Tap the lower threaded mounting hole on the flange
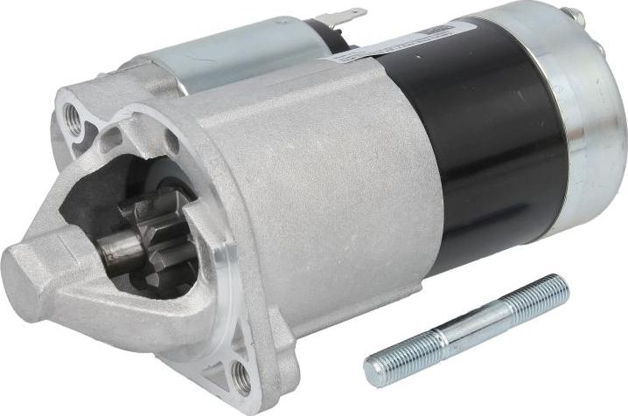(x=241, y=376)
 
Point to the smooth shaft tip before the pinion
(x=114, y=250)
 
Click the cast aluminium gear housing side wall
(x=350, y=192)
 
